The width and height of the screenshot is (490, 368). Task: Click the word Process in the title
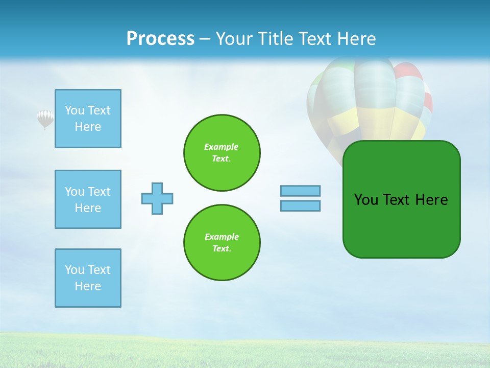coord(160,39)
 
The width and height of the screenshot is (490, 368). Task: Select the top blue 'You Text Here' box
coord(88,119)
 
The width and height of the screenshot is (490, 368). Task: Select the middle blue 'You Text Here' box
coord(88,199)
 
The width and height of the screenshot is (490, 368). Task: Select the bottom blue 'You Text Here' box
coord(88,278)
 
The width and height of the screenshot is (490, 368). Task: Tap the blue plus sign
coord(157,198)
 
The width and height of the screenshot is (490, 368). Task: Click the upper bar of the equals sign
coord(300,191)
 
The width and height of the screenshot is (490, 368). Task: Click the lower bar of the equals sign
coord(300,205)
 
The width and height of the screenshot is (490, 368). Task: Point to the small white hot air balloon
coord(45,119)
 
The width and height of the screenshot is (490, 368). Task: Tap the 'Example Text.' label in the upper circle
coord(222,153)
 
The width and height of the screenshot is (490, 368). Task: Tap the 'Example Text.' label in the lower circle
coord(222,243)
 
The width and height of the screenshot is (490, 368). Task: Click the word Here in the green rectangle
coord(431,200)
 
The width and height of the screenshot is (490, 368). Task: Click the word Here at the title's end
coord(357,39)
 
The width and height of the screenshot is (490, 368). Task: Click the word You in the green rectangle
coord(366,200)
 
